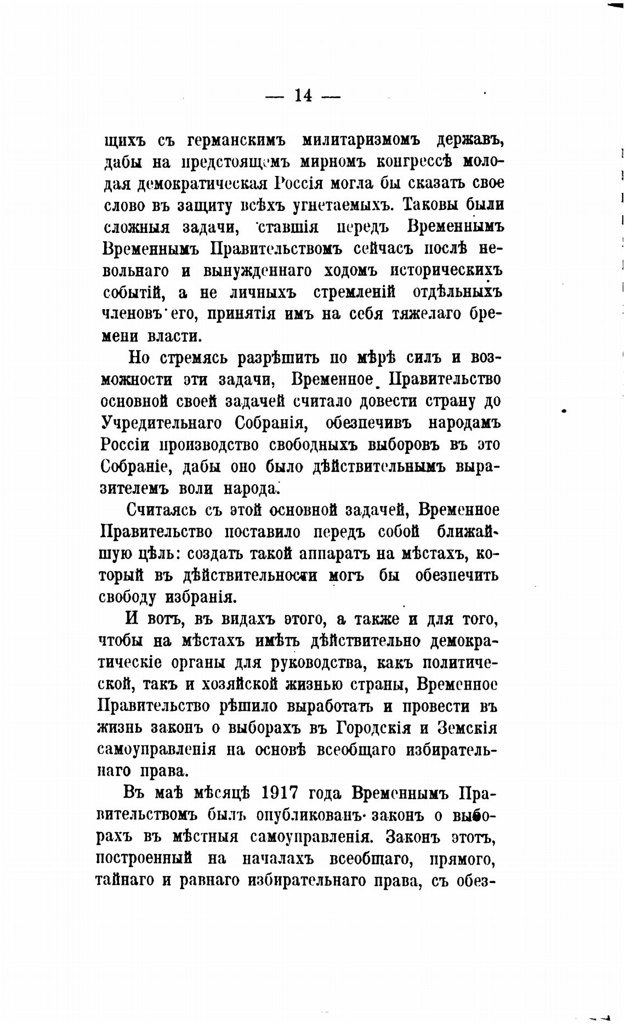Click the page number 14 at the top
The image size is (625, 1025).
pos(303,96)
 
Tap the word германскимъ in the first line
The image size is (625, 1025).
pos(237,141)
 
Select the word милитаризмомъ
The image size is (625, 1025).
pos(361,141)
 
